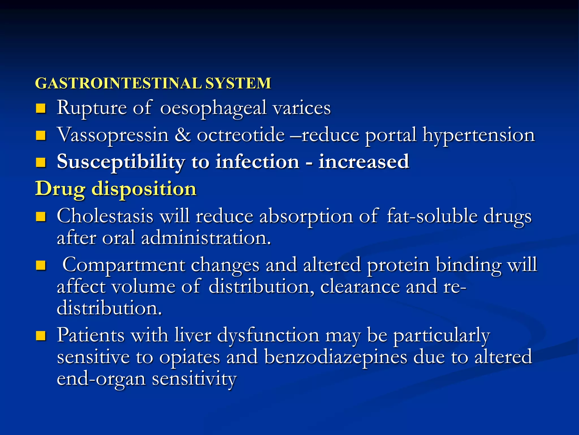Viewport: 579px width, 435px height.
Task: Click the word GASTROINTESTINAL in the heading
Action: click(118, 83)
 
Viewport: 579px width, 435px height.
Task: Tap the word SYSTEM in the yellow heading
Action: click(238, 83)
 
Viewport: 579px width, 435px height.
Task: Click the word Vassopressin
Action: click(113, 135)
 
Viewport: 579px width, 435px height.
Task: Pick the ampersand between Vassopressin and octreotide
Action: click(182, 135)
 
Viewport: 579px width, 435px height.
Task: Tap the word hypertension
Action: click(479, 135)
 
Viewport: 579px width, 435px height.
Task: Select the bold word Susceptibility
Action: click(121, 162)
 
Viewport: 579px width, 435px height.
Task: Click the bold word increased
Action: click(364, 162)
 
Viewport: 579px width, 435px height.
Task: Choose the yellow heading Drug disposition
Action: click(116, 189)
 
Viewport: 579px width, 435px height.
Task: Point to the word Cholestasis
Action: click(105, 216)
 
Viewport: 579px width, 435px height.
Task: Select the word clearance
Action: click(360, 286)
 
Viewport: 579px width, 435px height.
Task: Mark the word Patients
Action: click(90, 335)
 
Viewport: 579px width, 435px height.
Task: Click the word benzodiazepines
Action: click(336, 357)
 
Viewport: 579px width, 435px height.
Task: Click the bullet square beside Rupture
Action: click(41, 108)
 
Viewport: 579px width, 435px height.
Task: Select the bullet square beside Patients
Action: click(41, 336)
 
